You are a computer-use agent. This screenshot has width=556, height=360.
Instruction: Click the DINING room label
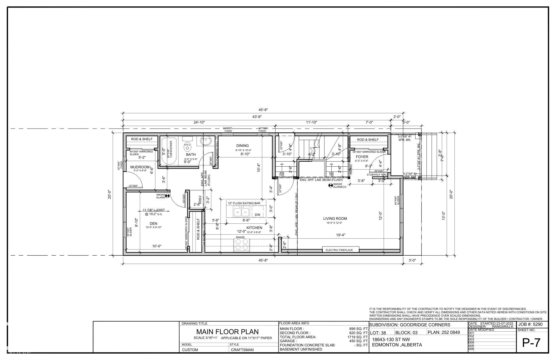(x=242, y=146)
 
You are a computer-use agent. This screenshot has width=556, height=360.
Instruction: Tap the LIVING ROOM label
(x=335, y=219)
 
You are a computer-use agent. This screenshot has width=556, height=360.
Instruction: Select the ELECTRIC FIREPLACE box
(x=341, y=250)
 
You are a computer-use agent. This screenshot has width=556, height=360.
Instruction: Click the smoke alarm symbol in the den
(x=167, y=196)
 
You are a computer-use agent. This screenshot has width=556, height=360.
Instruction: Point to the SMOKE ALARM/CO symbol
(x=330, y=185)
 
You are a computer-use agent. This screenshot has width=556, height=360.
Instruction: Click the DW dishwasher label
(x=257, y=215)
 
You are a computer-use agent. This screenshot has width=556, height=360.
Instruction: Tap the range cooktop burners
(x=242, y=245)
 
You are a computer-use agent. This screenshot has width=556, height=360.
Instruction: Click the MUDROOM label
(x=140, y=167)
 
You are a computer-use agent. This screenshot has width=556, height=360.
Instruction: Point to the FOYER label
(x=362, y=157)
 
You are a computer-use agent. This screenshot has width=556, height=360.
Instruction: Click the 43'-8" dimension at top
(x=257, y=117)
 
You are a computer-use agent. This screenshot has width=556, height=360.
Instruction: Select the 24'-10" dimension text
(x=199, y=122)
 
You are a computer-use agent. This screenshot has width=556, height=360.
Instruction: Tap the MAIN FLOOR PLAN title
(x=227, y=332)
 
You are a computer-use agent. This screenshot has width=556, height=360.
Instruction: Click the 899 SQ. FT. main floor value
(x=359, y=329)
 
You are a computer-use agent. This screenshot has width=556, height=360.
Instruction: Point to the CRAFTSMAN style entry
(x=242, y=350)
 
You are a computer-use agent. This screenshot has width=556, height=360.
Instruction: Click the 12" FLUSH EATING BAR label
(x=244, y=203)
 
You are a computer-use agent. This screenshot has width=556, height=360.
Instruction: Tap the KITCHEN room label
(x=254, y=228)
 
